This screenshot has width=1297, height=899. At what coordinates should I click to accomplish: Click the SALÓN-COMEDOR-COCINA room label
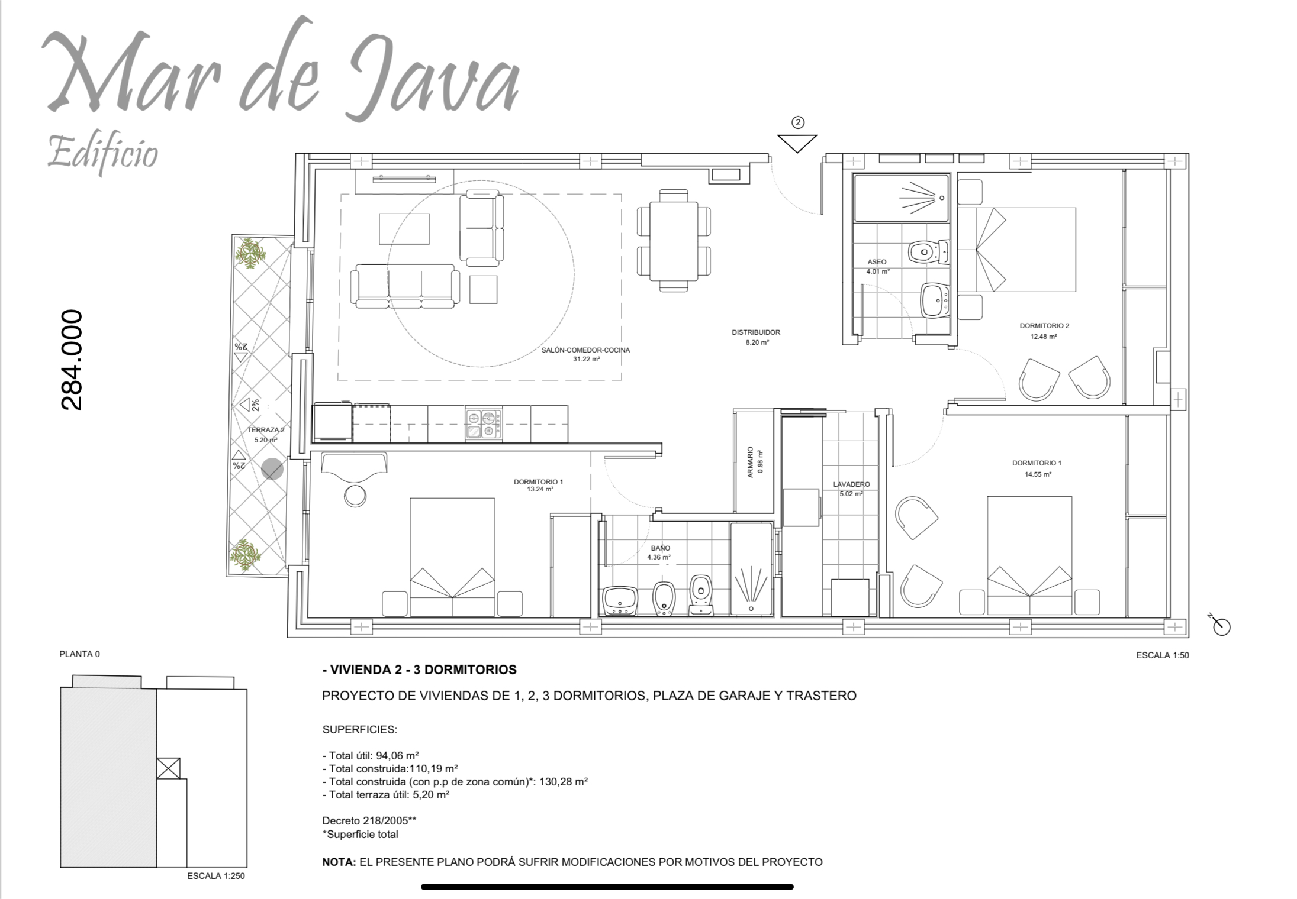coord(585,350)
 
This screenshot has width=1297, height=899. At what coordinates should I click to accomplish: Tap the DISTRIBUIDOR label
coord(756,332)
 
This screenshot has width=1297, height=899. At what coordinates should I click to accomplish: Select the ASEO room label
coord(877,262)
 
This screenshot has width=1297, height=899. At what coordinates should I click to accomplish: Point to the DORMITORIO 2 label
coord(1044,326)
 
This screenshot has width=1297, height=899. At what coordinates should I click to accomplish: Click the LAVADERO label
coord(851,484)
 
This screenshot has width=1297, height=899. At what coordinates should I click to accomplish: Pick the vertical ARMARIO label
coord(751,462)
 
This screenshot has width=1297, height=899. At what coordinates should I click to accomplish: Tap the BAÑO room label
coord(661,548)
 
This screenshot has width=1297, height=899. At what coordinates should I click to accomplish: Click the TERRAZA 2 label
coord(266,430)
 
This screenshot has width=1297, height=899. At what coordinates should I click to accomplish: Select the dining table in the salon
coord(674,241)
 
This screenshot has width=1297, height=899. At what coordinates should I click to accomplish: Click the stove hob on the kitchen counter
coord(484,424)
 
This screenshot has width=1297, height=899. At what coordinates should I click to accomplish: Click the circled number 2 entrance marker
coord(798,122)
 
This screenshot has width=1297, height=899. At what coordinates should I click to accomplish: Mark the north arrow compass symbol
coord(1220,625)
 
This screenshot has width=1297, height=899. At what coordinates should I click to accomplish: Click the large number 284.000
coord(72,360)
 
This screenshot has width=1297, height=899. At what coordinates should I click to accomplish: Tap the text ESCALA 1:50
coord(1163,655)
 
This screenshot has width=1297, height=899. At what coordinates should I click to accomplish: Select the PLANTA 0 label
coord(80,654)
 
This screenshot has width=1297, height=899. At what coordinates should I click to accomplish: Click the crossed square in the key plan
coord(168,768)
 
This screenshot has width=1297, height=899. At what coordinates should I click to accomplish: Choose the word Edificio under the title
coord(102,153)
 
